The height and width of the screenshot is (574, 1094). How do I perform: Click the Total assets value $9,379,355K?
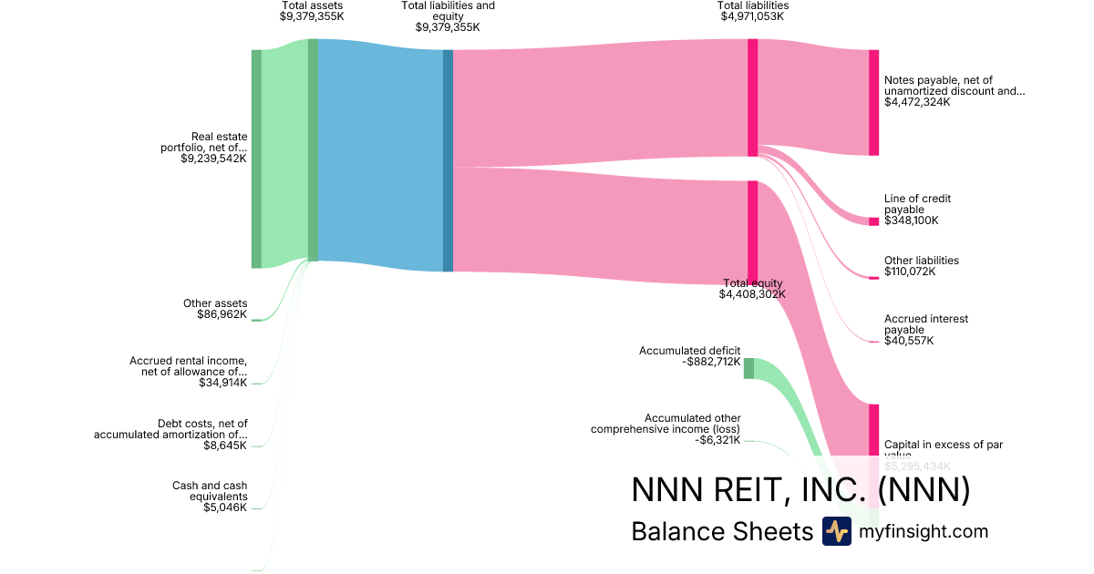pyautogui.click(x=313, y=16)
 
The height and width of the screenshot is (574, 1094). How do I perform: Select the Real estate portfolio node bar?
pyautogui.click(x=256, y=159)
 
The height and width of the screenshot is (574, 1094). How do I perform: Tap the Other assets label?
pyautogui.click(x=215, y=303)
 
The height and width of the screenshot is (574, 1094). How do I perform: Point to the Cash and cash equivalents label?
pyautogui.click(x=210, y=491)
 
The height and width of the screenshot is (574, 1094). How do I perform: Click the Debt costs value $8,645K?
pyautogui.click(x=225, y=446)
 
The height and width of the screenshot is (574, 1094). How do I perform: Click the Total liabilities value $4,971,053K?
pyautogui.click(x=753, y=16)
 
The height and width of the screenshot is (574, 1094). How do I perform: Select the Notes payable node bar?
pyautogui.click(x=873, y=102)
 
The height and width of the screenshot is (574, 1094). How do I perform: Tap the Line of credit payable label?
pyautogui.click(x=917, y=204)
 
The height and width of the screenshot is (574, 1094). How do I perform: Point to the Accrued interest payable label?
pyautogui.click(x=925, y=324)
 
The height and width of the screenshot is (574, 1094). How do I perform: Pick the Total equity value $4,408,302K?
pyautogui.click(x=752, y=294)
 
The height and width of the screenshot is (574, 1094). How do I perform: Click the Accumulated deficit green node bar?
pyautogui.click(x=748, y=368)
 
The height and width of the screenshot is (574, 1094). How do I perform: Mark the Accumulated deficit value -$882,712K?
pyautogui.click(x=710, y=362)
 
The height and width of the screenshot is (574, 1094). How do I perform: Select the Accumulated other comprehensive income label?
pyautogui.click(x=666, y=424)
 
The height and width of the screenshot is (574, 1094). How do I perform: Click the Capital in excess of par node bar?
pyautogui.click(x=873, y=428)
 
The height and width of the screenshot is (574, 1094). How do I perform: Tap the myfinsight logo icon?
pyautogui.click(x=836, y=531)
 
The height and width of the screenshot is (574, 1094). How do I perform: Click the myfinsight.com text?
pyautogui.click(x=924, y=531)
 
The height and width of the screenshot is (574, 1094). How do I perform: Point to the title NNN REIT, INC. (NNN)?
pyautogui.click(x=800, y=490)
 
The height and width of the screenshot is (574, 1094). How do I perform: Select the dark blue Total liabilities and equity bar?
pyautogui.click(x=448, y=160)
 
